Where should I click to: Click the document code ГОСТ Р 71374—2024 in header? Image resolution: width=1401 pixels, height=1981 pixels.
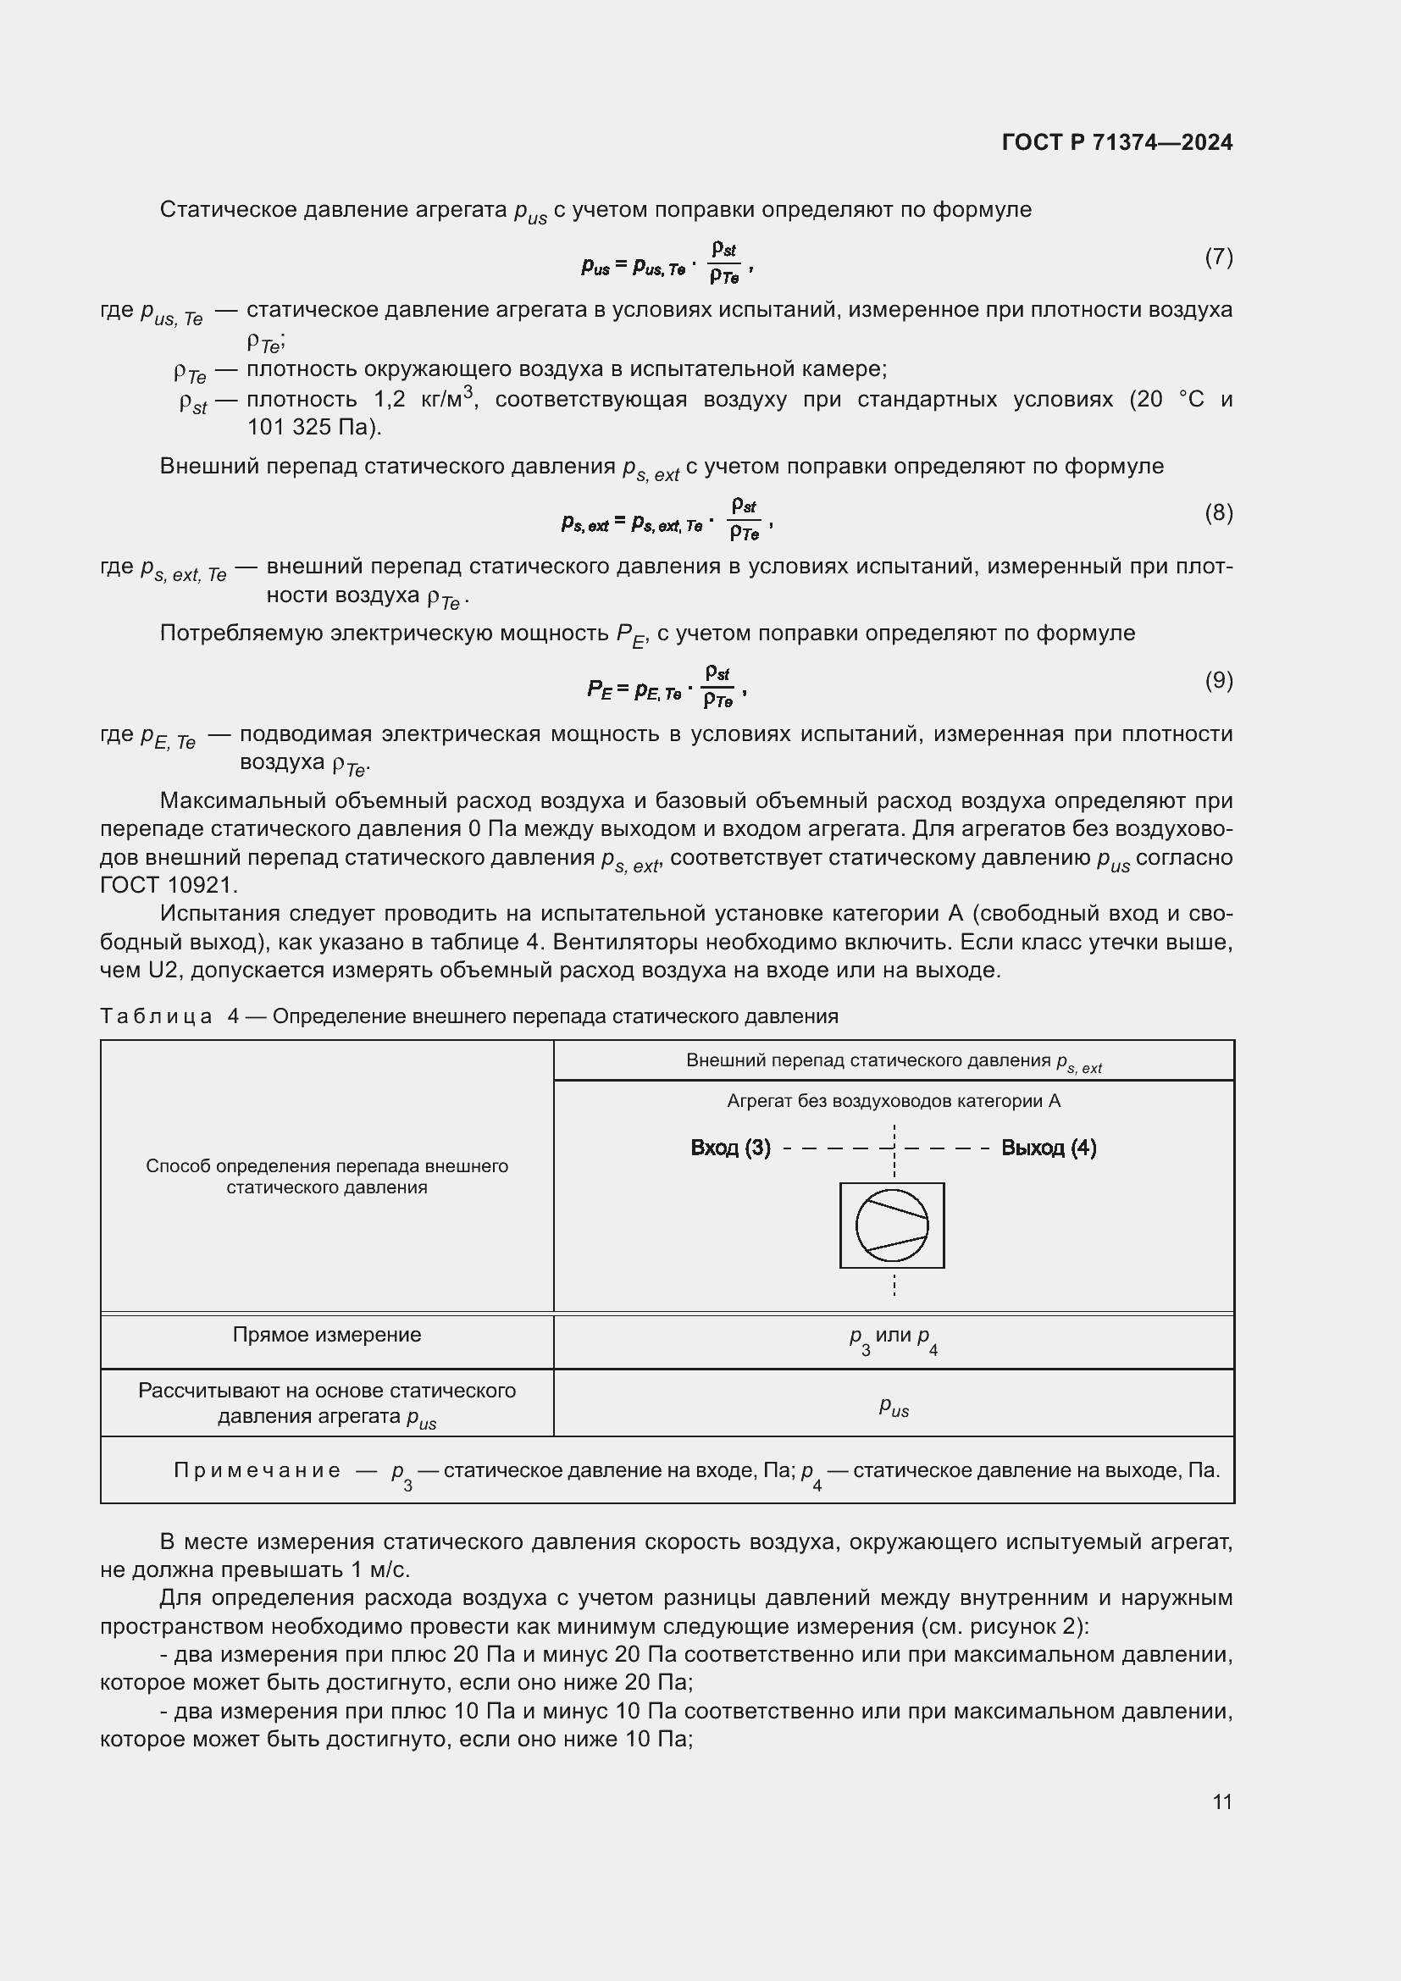click(1117, 142)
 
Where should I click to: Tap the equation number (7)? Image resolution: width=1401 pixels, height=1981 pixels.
click(1218, 257)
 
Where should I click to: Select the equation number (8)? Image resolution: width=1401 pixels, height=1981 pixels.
click(1218, 512)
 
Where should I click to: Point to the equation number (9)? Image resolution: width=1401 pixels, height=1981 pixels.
click(1218, 680)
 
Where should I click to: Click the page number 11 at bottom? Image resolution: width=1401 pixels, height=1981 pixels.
click(1221, 1801)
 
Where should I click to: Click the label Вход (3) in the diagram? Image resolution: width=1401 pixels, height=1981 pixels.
click(730, 1148)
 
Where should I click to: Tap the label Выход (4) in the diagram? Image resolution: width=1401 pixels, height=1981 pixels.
click(1048, 1148)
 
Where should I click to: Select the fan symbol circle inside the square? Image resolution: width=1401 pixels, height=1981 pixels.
click(892, 1226)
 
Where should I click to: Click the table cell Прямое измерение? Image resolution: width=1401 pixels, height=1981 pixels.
click(327, 1335)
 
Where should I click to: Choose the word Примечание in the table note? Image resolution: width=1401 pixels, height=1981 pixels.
click(257, 1470)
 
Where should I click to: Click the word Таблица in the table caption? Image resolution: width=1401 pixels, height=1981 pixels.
click(156, 1016)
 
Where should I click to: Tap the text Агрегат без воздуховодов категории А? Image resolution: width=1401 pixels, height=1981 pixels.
click(893, 1101)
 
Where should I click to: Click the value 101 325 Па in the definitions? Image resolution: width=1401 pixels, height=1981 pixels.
click(312, 427)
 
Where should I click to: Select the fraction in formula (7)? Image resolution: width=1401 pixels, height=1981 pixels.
click(723, 263)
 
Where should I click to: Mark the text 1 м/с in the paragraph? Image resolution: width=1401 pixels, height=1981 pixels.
click(380, 1569)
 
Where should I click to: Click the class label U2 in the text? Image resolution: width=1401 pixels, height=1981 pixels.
click(161, 971)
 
